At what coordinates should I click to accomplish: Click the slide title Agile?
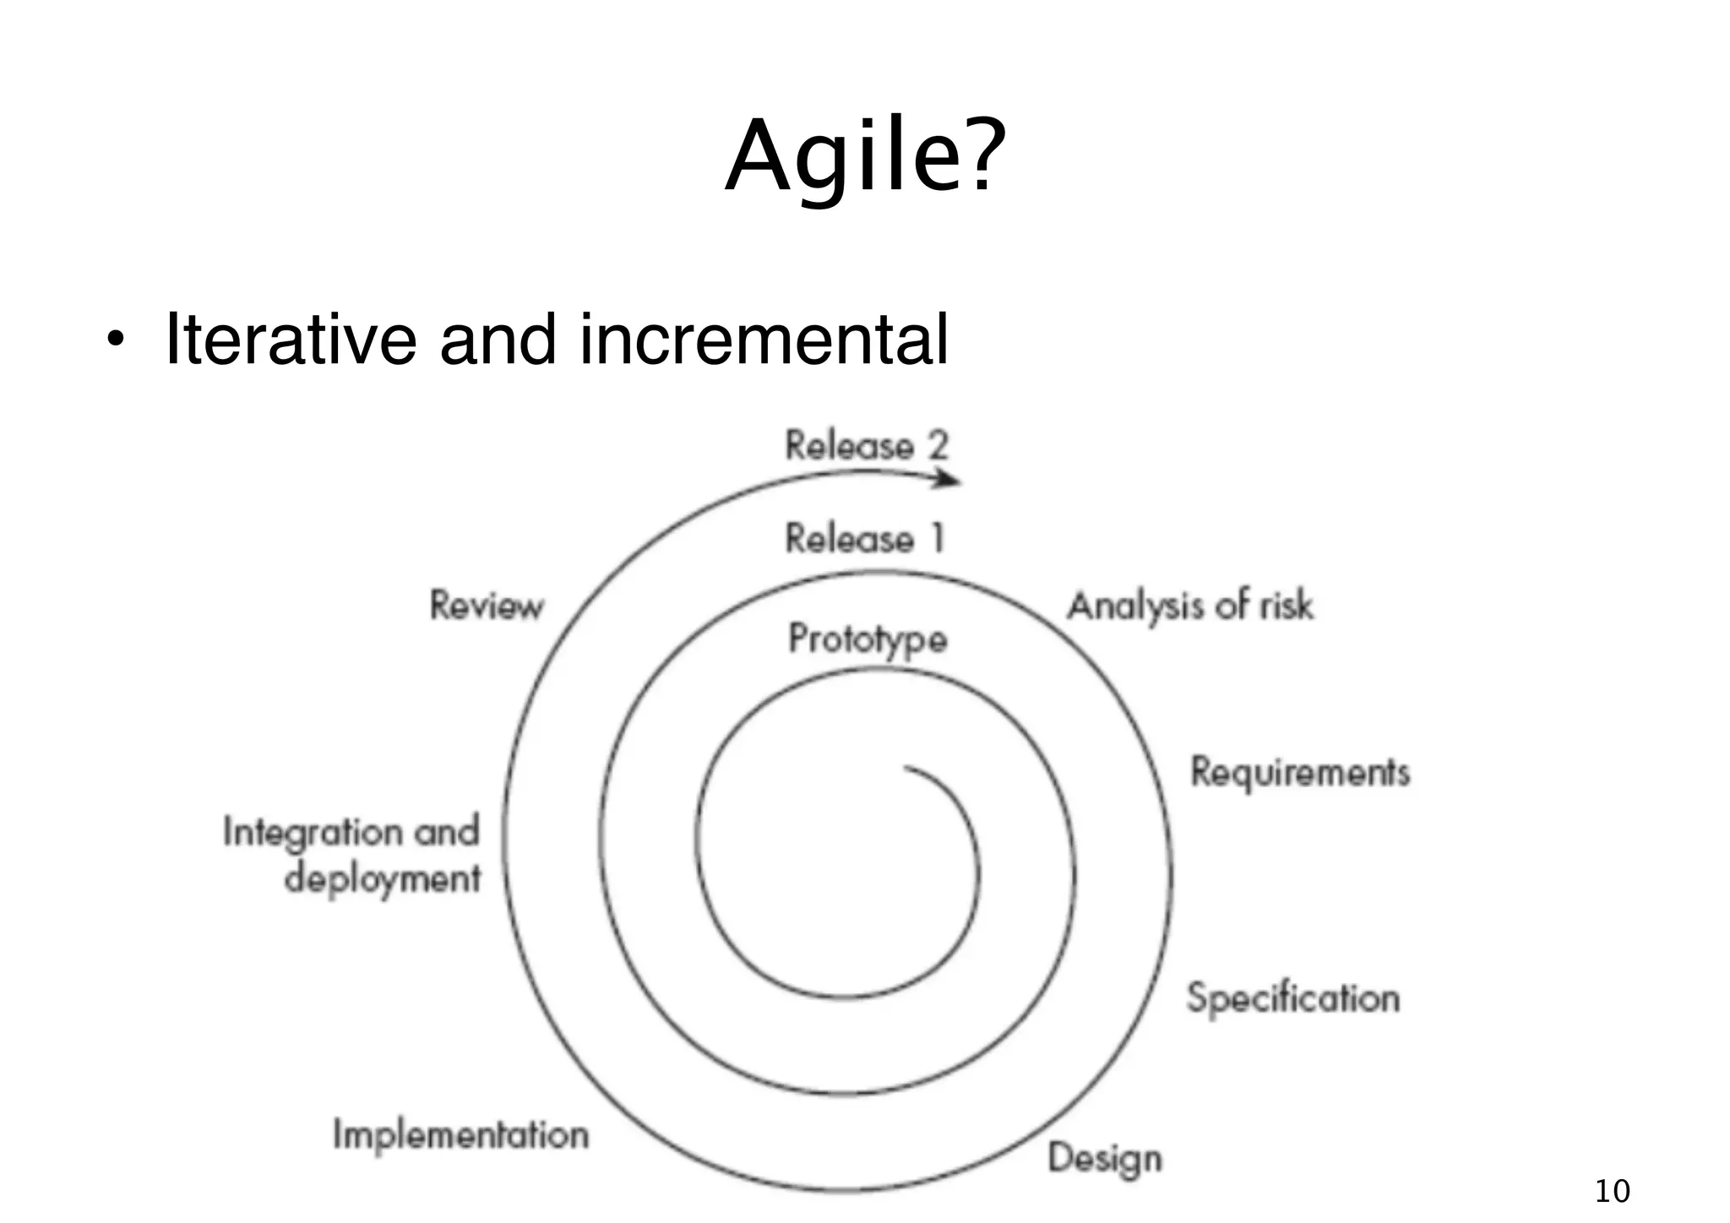(x=865, y=157)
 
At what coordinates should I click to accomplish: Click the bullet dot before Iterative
(x=116, y=342)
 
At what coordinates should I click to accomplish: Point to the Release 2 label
(x=867, y=446)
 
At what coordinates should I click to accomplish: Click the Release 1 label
(x=865, y=538)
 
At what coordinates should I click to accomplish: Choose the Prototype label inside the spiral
(x=868, y=639)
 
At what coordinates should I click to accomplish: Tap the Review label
(x=487, y=606)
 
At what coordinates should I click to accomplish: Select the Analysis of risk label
(x=1190, y=606)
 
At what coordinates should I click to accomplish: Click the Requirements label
(x=1300, y=772)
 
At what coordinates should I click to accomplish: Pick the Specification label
(x=1293, y=998)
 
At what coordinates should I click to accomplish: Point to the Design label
(x=1105, y=1159)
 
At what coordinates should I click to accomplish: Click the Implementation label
(x=460, y=1134)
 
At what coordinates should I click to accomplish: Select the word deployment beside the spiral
(x=383, y=879)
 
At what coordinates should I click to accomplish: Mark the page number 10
(x=1612, y=1191)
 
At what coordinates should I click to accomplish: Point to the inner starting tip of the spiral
(x=906, y=768)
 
